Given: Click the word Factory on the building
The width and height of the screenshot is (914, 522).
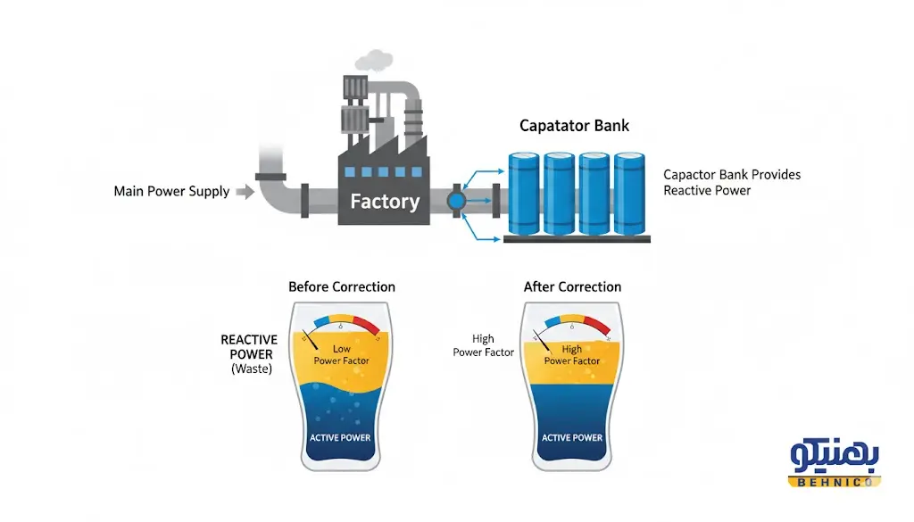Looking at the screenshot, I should (x=385, y=201).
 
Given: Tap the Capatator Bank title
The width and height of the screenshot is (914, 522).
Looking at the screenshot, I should (x=574, y=125).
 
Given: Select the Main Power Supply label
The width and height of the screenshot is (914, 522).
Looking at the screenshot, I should (x=171, y=191).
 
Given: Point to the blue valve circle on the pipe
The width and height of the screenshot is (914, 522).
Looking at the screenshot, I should (x=456, y=199).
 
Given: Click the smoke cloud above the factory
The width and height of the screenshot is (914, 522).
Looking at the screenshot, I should (x=373, y=60).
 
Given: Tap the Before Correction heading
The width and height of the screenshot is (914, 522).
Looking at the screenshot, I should (x=341, y=287).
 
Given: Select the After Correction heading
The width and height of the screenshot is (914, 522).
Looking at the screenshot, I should (x=572, y=287).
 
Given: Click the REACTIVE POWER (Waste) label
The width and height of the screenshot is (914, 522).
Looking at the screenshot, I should (x=248, y=353).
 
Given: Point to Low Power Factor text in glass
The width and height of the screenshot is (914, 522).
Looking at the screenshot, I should (x=341, y=354).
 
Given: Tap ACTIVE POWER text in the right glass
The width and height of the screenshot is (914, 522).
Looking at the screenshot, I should (x=572, y=437).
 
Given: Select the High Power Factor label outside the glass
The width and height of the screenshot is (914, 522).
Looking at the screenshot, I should (x=483, y=345).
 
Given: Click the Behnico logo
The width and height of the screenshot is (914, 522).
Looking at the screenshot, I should (x=835, y=464).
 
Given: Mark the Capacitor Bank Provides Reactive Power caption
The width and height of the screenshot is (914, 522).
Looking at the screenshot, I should (x=732, y=182).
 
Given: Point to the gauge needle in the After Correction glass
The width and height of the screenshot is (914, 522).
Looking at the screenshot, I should (x=541, y=340).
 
